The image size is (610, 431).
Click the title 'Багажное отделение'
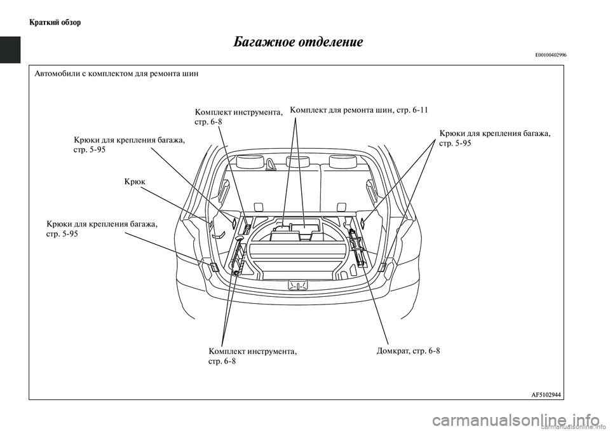point(298,42)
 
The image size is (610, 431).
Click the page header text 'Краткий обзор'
point(55,22)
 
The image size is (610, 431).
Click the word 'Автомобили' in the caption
point(59,74)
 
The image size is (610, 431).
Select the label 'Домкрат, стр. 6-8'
point(408,351)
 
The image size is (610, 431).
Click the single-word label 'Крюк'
point(135,182)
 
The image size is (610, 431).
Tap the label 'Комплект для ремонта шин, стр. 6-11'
point(359,110)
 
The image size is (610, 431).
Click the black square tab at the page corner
point(10,50)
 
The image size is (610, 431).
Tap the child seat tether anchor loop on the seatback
point(271,166)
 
